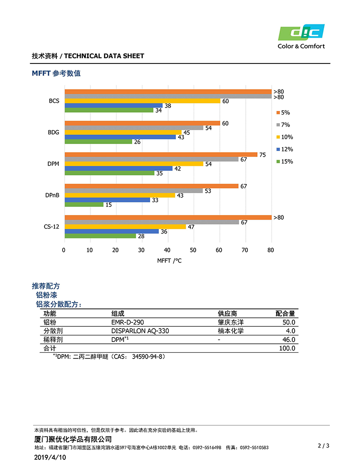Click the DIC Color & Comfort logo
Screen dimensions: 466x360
point(301,36)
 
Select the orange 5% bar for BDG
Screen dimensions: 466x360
point(142,123)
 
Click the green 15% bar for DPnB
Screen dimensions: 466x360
point(83,205)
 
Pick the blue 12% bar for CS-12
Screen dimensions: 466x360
point(111,231)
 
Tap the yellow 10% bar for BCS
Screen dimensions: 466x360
point(142,101)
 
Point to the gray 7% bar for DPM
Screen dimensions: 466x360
point(152,159)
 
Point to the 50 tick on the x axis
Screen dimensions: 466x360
point(193,250)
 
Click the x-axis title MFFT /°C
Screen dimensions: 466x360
point(169,261)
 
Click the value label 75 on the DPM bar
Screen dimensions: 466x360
point(262,154)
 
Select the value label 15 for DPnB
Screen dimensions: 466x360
point(108,205)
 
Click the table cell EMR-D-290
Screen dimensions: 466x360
point(127,322)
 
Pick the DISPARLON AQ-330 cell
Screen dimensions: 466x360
point(140,331)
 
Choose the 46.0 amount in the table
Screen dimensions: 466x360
point(288,340)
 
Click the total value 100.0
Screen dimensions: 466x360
point(287,348)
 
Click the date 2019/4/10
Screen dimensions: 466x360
point(50,457)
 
